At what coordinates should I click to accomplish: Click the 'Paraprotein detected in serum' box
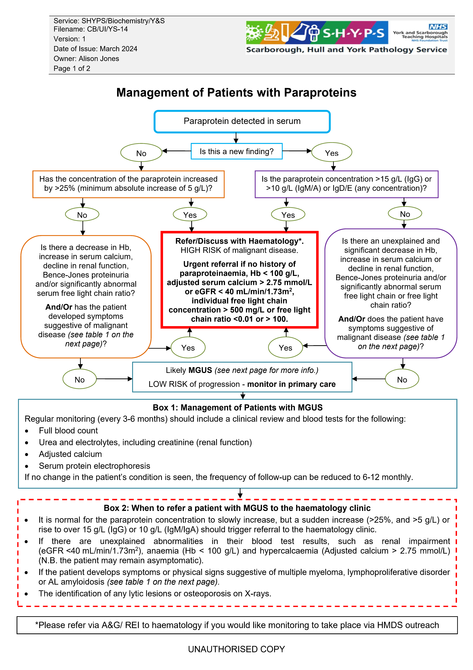point(242,121)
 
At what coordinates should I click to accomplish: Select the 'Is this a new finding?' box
point(236,151)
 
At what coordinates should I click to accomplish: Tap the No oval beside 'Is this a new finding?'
point(141,153)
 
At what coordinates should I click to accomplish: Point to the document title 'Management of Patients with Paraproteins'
point(236,93)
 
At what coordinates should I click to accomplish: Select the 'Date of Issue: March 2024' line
point(95,49)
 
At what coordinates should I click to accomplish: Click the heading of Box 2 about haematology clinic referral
point(237,508)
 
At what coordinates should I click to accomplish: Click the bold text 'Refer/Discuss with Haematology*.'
point(239,241)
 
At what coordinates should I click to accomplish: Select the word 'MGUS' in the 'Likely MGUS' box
point(200,370)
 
